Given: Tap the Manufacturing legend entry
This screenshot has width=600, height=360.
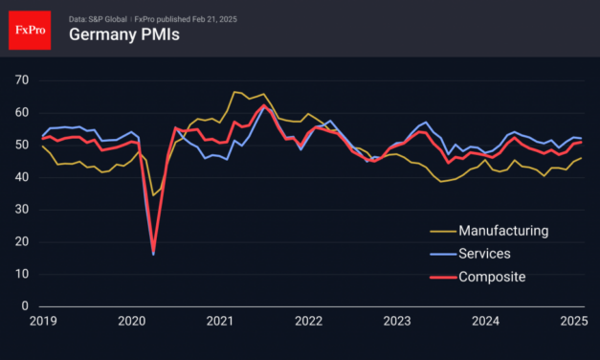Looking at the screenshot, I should [x=502, y=231].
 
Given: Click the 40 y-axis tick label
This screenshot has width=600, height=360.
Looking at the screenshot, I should [x=21, y=176].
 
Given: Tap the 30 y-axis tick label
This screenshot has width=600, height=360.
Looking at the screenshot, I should [x=21, y=209].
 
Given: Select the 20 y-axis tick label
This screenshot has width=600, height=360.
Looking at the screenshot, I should [x=21, y=241].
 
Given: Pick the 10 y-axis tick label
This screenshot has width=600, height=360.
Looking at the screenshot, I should [x=21, y=274].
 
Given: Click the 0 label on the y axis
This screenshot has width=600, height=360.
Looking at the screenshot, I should [x=25, y=306].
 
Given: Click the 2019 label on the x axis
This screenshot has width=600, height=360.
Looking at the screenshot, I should [x=42, y=322].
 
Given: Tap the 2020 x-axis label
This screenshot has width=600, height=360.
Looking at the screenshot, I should [x=131, y=322].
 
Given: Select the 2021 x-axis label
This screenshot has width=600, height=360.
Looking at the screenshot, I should [x=220, y=322].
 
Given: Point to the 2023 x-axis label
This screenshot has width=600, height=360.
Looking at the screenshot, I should [x=398, y=322].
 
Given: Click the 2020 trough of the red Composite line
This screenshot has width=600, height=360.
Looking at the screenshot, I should [x=154, y=253].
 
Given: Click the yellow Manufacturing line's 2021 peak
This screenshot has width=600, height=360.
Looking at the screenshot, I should [x=234, y=92].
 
